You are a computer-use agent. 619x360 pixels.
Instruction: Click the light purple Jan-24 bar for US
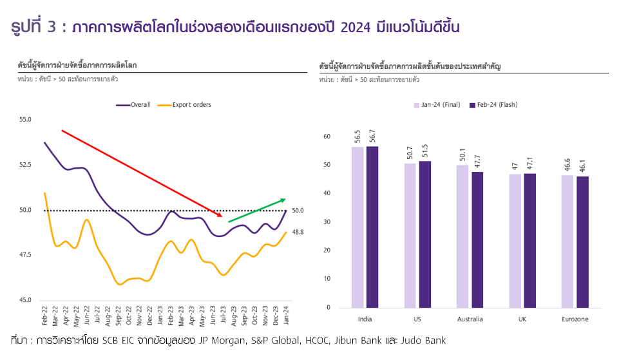(410, 235)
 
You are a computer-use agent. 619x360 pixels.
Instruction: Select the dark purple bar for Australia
(477, 240)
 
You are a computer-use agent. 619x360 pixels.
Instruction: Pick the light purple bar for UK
(515, 240)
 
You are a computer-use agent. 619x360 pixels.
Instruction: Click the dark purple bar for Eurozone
(582, 242)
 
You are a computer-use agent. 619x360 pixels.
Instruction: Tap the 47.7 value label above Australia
(478, 162)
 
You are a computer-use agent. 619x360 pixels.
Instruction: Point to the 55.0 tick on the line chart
(25, 120)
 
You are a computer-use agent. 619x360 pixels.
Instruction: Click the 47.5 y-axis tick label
(25, 255)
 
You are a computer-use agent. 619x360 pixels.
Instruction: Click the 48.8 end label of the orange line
(298, 232)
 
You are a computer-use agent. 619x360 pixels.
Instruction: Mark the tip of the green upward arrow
(285, 200)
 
